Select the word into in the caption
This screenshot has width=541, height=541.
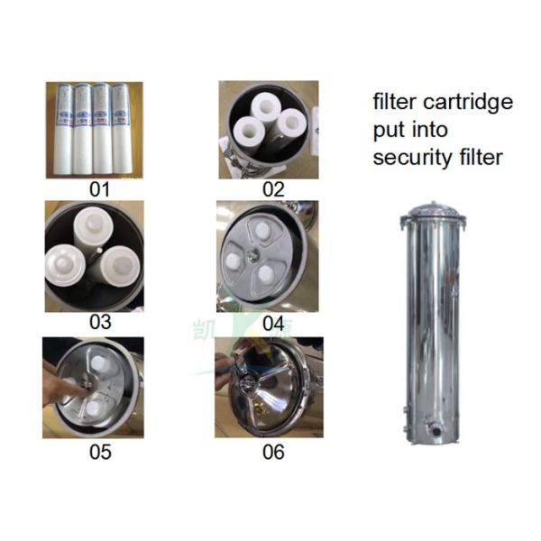coord(430,129)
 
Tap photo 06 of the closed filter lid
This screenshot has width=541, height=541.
coord(269,387)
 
